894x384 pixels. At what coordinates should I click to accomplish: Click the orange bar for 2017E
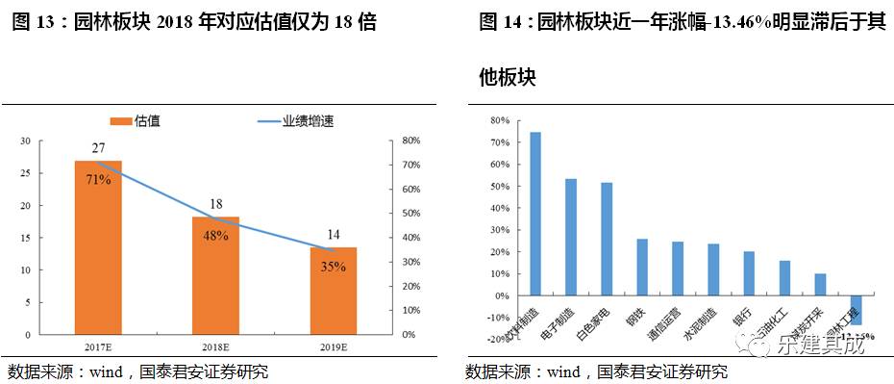click(x=100, y=247)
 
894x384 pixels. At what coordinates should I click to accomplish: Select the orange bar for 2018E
click(x=216, y=275)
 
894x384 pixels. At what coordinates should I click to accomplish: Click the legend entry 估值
click(x=137, y=120)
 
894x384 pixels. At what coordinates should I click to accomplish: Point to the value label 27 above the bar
click(x=99, y=148)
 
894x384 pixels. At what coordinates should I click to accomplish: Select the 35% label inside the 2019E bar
click(x=333, y=267)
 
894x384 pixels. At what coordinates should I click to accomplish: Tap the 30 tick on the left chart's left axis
click(x=25, y=141)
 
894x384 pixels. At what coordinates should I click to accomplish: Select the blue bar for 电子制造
click(x=571, y=237)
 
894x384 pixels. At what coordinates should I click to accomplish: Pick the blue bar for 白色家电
click(x=607, y=239)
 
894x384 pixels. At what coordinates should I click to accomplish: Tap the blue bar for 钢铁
click(x=642, y=267)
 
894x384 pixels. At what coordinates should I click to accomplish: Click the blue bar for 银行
click(x=749, y=273)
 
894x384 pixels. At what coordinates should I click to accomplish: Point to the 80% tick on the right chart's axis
click(x=498, y=120)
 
